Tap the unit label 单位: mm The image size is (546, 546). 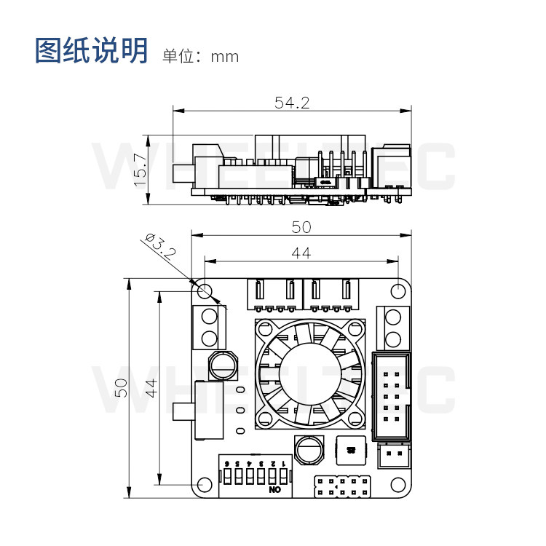[x=200, y=55]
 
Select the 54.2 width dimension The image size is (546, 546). [x=292, y=103]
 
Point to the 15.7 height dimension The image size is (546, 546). [x=141, y=169]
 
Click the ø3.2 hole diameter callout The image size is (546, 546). [x=161, y=248]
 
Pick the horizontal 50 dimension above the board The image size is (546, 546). [x=301, y=226]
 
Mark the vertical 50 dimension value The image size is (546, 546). [x=121, y=387]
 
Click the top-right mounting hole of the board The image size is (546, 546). [x=397, y=291]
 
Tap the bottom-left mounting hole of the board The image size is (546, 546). [x=205, y=484]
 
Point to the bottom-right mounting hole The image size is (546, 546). [x=397, y=484]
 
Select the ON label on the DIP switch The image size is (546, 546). [x=275, y=491]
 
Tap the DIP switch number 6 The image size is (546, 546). [x=228, y=463]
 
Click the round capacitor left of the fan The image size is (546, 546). [x=221, y=364]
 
